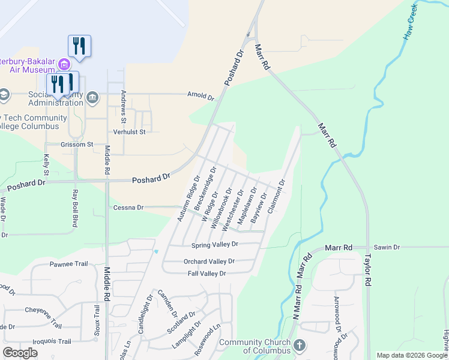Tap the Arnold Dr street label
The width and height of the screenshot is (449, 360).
coord(200,95)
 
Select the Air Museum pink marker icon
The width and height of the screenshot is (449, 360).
coord(63,64)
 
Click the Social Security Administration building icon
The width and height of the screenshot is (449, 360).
coord(92,97)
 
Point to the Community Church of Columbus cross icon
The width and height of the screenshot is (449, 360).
coord(300,346)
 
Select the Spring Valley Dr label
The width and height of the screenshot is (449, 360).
coord(215,245)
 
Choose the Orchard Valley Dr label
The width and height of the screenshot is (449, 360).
coord(209,262)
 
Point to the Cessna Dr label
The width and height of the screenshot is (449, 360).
coord(128,208)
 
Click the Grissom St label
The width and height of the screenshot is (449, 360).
coord(77,145)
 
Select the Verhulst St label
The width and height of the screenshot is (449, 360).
coord(130,131)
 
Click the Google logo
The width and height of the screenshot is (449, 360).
coord(20,353)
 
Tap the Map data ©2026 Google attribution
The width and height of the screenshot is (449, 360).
coord(411,355)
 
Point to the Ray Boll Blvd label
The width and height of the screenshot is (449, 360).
coord(75,208)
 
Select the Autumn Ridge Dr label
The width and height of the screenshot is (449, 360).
coord(188,198)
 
